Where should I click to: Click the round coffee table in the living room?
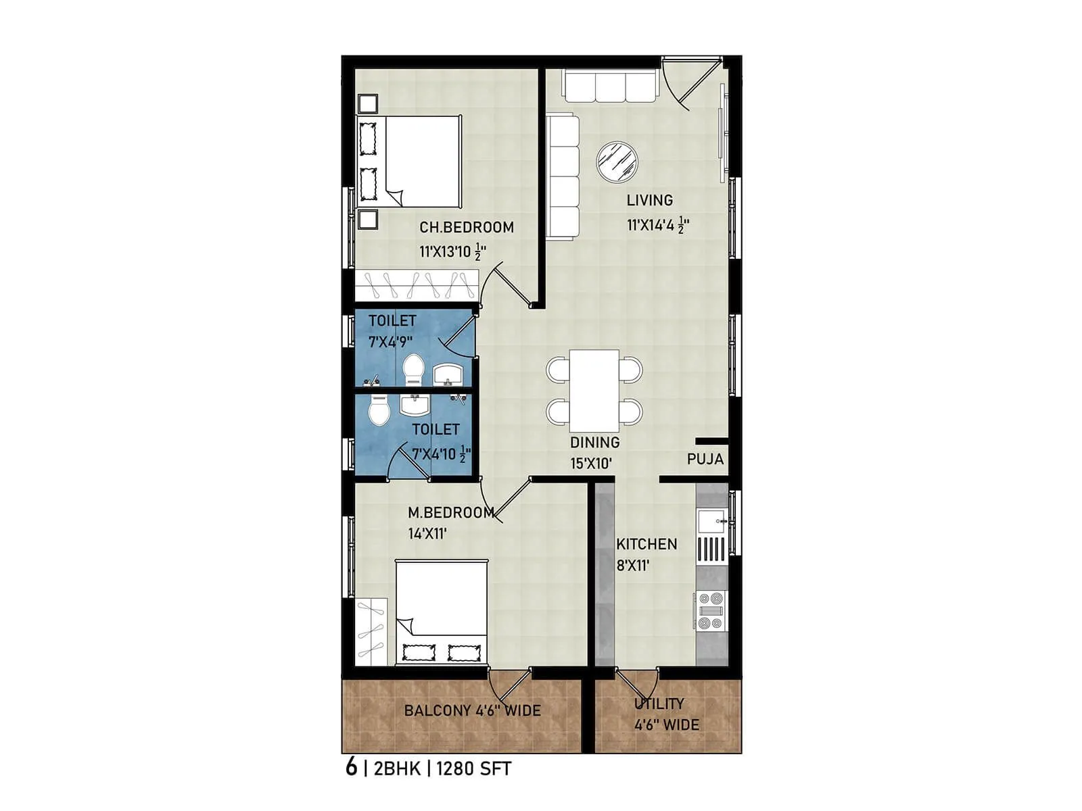click(x=617, y=162)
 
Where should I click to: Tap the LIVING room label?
click(x=649, y=200)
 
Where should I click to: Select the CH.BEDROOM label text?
click(x=466, y=228)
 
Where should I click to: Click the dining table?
click(x=594, y=391)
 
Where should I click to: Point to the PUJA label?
click(x=705, y=460)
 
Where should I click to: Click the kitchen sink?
click(x=711, y=521)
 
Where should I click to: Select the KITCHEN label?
click(x=646, y=544)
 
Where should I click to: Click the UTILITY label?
click(x=659, y=704)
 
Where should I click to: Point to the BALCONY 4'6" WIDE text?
click(x=472, y=711)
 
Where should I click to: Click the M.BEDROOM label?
click(x=450, y=513)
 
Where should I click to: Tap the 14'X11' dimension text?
click(x=427, y=534)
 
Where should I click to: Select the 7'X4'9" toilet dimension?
click(x=390, y=342)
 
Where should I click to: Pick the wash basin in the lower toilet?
click(x=414, y=405)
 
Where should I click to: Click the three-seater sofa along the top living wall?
click(x=610, y=87)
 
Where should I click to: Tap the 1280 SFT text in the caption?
click(x=473, y=768)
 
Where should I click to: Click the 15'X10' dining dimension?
click(x=590, y=464)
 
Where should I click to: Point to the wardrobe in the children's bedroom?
click(x=417, y=285)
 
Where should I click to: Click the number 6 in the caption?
click(x=350, y=768)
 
